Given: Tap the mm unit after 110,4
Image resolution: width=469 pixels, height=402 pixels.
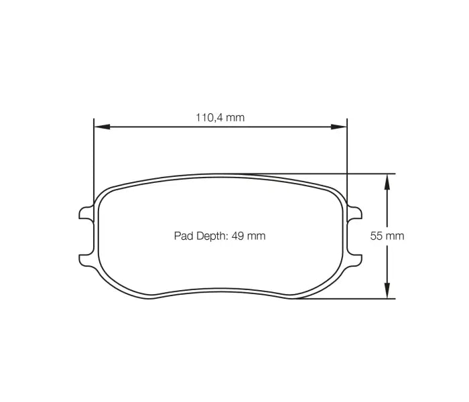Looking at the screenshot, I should pos(234,117).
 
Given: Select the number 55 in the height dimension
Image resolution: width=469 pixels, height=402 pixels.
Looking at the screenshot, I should pos(377,236).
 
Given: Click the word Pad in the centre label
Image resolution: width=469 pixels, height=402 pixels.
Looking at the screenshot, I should pos(183,236).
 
